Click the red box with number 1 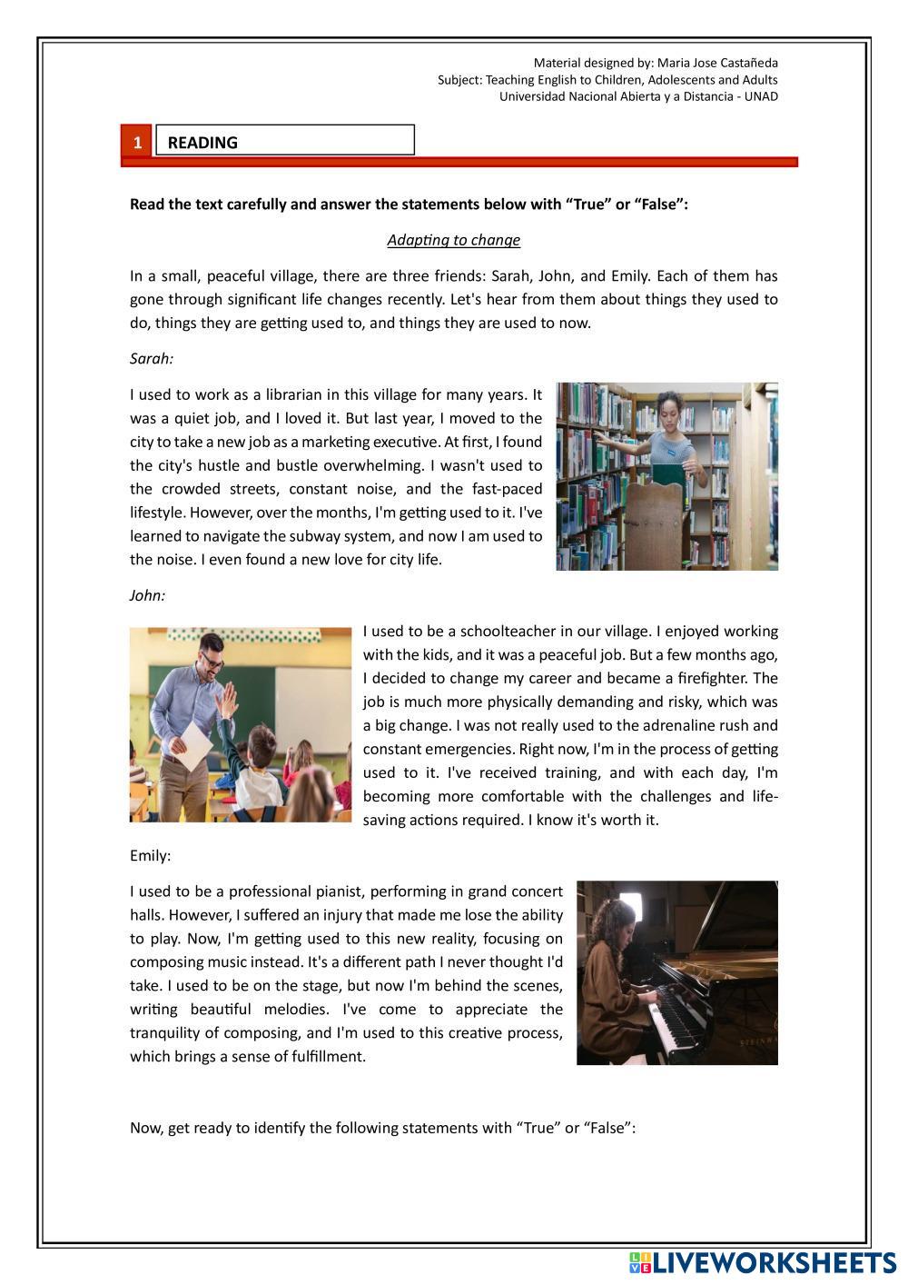[137, 142]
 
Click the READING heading [202, 143]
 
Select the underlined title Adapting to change [453, 240]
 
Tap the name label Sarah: [151, 358]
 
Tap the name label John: [147, 595]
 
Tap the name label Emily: [150, 855]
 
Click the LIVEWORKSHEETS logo [762, 1262]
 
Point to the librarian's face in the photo [668, 411]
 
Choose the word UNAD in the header [761, 96]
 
